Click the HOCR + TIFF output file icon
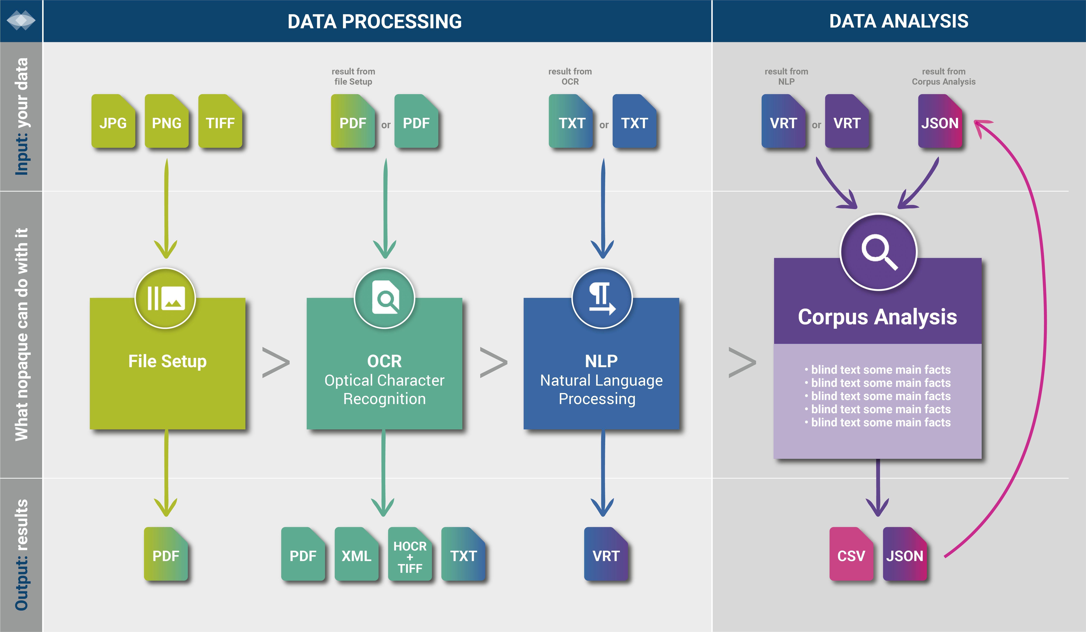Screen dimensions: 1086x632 pos(410,554)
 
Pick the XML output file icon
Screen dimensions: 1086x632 pos(356,554)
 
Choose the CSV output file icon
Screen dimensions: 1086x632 pos(851,554)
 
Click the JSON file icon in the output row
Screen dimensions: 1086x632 pos(905,554)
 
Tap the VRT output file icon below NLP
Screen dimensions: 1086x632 pos(606,554)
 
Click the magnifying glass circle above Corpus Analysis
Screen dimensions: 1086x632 pos(878,252)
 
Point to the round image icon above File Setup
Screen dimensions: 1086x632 pos(165,298)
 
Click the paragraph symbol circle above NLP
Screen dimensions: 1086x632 pos(602,298)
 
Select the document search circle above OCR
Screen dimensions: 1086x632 pos(384,298)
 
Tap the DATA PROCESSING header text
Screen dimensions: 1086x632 pos(374,21)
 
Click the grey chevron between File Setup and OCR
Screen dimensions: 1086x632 pos(276,362)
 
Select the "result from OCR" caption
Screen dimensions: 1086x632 pos(570,76)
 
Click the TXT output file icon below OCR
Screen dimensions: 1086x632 pos(463,554)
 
